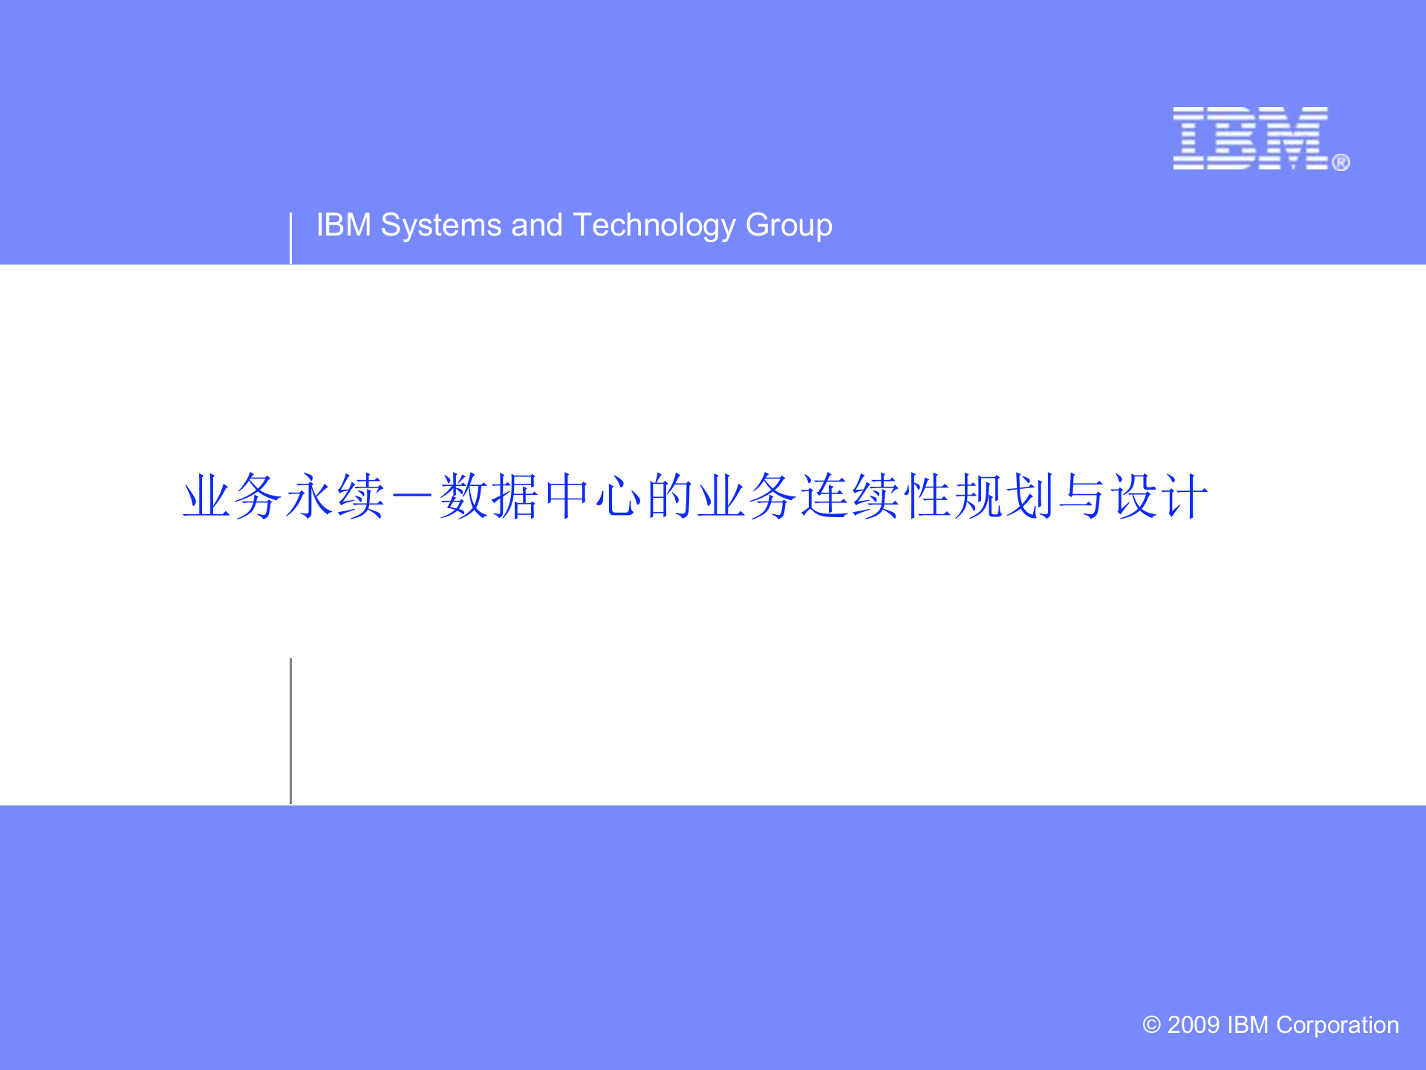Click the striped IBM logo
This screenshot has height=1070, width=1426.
pyautogui.click(x=1251, y=138)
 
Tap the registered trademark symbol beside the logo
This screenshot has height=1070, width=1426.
pyautogui.click(x=1341, y=162)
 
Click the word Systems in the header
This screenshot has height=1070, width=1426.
pyautogui.click(x=440, y=225)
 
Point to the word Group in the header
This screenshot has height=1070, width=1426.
pyautogui.click(x=788, y=225)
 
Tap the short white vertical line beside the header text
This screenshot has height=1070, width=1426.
pyautogui.click(x=290, y=238)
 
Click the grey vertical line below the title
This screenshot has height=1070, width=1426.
pyautogui.click(x=290, y=731)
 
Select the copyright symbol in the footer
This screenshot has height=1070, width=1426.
pyautogui.click(x=1151, y=1025)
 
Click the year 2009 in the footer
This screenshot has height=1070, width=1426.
pyautogui.click(x=1194, y=1025)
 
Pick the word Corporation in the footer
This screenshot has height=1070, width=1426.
pyautogui.click(x=1337, y=1025)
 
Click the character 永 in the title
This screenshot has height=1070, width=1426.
pyautogui.click(x=310, y=496)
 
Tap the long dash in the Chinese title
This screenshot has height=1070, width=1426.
pyautogui.click(x=413, y=496)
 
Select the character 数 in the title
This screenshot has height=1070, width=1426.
pyautogui.click(x=464, y=496)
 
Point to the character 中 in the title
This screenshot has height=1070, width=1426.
pyautogui.click(x=567, y=496)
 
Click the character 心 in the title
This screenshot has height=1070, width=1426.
pyautogui.click(x=619, y=496)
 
